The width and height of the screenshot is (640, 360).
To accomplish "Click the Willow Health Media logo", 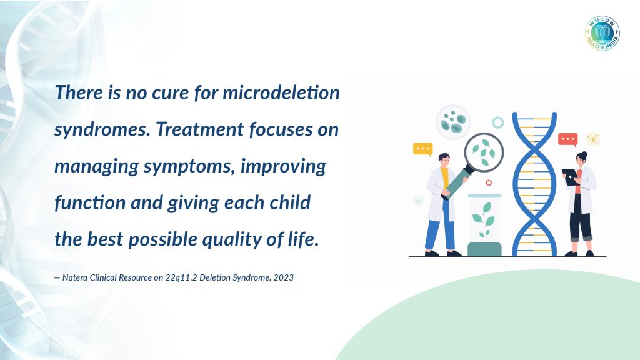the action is [x=602, y=34].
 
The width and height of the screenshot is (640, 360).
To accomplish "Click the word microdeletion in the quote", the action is [x=281, y=92].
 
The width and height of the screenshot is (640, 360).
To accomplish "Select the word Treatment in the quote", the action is [x=200, y=129].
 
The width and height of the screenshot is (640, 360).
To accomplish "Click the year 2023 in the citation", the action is [x=284, y=277].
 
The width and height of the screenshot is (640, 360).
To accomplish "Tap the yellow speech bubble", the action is [x=423, y=149].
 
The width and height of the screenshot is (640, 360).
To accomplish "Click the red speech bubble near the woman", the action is [x=567, y=139].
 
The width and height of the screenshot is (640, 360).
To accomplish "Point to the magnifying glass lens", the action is [x=484, y=152].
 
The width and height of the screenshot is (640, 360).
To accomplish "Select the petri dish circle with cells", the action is [x=453, y=122].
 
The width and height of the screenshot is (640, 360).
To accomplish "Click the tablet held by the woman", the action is [x=571, y=177].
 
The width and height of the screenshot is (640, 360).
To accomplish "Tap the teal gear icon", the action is [x=497, y=122].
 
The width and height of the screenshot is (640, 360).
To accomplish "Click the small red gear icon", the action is [x=489, y=182].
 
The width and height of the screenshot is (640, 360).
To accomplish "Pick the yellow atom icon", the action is [x=592, y=139].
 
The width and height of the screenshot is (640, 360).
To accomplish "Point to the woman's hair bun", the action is [x=584, y=154].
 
